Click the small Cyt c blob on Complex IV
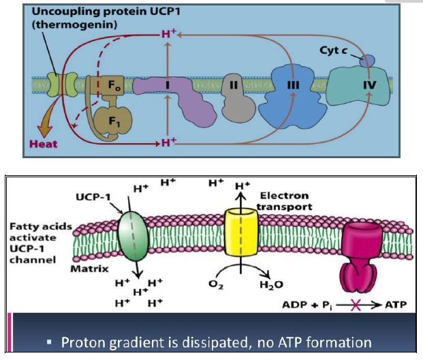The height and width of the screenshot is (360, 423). [x=367, y=61]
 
